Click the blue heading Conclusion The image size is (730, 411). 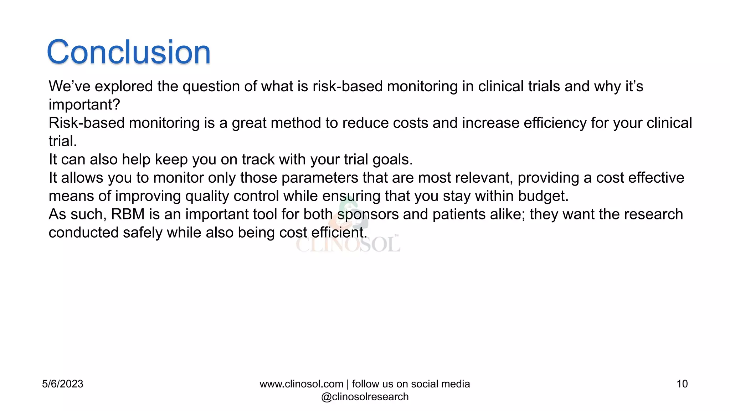tap(129, 52)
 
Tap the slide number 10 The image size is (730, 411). tap(682, 384)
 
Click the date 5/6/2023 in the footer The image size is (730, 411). tap(62, 384)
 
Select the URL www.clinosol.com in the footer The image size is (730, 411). tap(301, 384)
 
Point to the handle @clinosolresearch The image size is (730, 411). tap(365, 397)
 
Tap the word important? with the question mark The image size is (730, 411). tap(84, 105)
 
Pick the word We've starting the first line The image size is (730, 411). tap(69, 87)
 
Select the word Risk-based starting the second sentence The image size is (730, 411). tap(86, 123)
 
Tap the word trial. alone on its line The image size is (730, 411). tap(63, 141)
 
